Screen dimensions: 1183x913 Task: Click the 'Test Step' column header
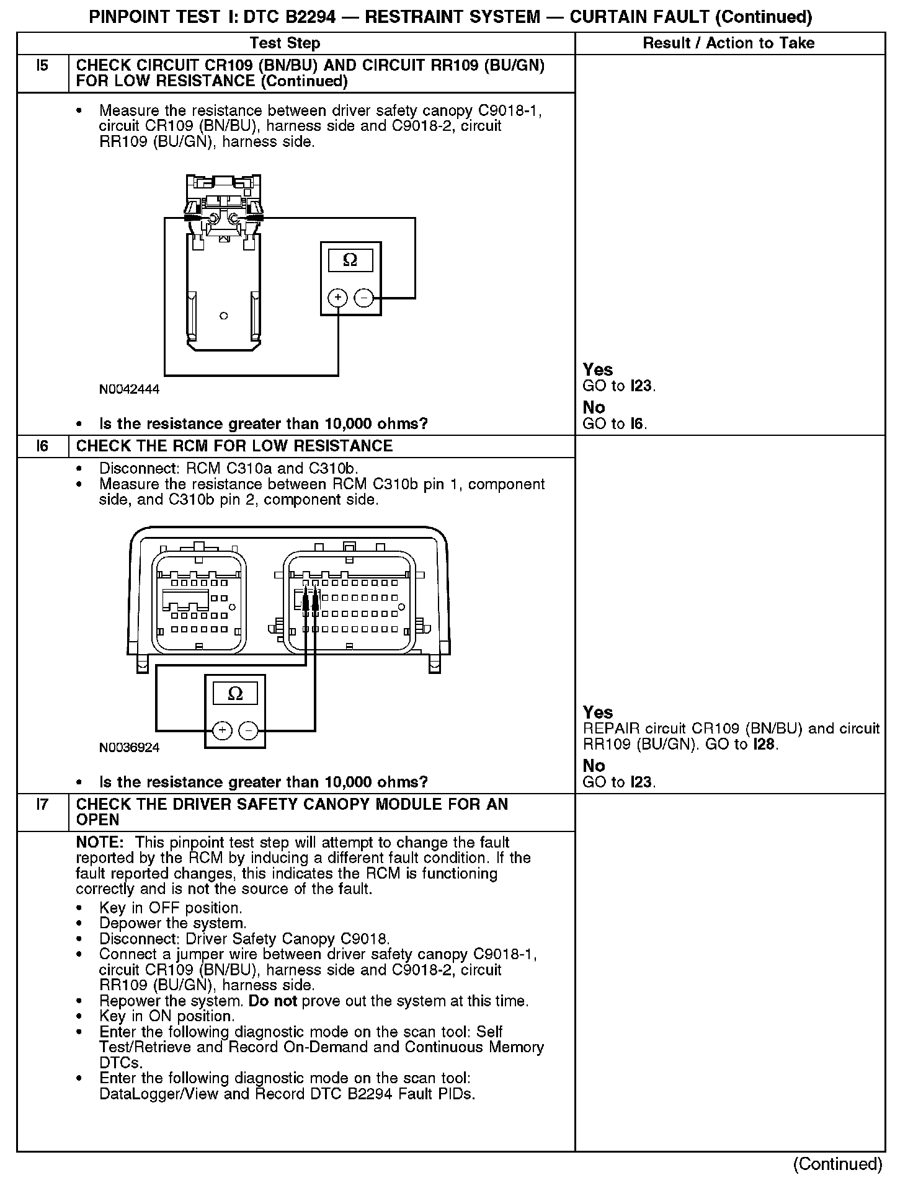pos(285,43)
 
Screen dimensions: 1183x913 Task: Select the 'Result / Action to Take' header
pos(728,43)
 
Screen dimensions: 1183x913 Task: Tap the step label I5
pos(42,65)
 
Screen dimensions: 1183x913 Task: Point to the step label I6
pos(42,446)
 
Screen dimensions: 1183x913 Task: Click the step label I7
pos(42,804)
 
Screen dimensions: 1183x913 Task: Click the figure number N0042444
pos(129,389)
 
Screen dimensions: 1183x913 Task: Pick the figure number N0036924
pos(129,748)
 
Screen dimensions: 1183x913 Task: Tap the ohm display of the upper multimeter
pos(350,260)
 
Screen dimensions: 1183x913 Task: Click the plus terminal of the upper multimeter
pos(337,298)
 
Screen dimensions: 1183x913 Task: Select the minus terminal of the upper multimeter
pos(363,298)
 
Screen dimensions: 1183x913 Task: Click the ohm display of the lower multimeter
pos(236,693)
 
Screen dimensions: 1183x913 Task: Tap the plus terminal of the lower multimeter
pos(223,731)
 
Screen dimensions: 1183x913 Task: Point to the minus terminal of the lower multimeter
pos(249,731)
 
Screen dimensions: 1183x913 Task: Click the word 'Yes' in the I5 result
pos(598,370)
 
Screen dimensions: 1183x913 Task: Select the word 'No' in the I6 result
pos(594,766)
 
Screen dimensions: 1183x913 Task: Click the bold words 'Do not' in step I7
pos(272,1001)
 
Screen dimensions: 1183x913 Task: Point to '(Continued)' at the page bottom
pos(837,1164)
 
